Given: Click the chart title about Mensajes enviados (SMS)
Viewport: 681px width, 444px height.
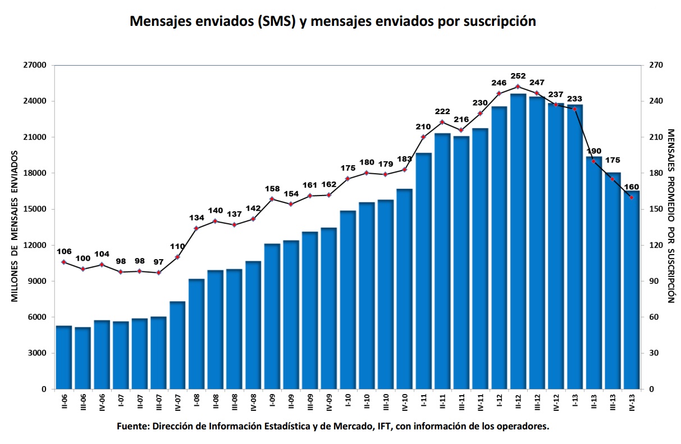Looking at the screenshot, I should point(333,21).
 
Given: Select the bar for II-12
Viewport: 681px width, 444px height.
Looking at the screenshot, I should point(518,242).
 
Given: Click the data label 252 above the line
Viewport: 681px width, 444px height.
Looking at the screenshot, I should point(518,76).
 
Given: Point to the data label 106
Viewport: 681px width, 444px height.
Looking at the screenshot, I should point(64,251).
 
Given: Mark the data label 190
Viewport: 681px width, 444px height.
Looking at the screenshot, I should point(593,151).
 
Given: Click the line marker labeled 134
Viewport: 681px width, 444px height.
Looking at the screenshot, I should point(196,228).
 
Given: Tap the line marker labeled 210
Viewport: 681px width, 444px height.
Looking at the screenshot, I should point(423,137).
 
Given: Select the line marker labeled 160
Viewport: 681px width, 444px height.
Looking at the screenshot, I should point(632,197).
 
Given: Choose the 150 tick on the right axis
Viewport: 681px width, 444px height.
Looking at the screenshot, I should point(656,209).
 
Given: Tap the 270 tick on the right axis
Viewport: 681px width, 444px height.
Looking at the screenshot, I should point(656,65).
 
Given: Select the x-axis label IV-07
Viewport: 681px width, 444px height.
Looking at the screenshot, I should point(177,402).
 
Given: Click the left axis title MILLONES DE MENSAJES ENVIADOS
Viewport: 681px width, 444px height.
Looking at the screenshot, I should point(15,226).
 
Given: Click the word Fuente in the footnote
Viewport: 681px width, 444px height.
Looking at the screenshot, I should point(132,427).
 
